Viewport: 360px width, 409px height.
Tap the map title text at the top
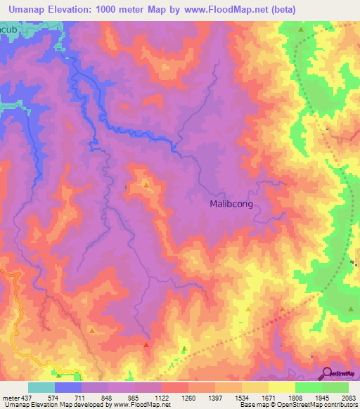[148, 9]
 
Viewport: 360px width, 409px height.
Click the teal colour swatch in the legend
[41, 387]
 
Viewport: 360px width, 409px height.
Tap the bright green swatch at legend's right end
[335, 387]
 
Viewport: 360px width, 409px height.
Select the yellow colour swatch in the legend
[282, 387]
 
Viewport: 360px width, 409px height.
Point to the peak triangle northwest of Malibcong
[146, 185]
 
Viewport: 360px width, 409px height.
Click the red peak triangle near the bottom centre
[146, 345]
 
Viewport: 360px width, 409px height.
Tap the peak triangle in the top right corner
[301, 30]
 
